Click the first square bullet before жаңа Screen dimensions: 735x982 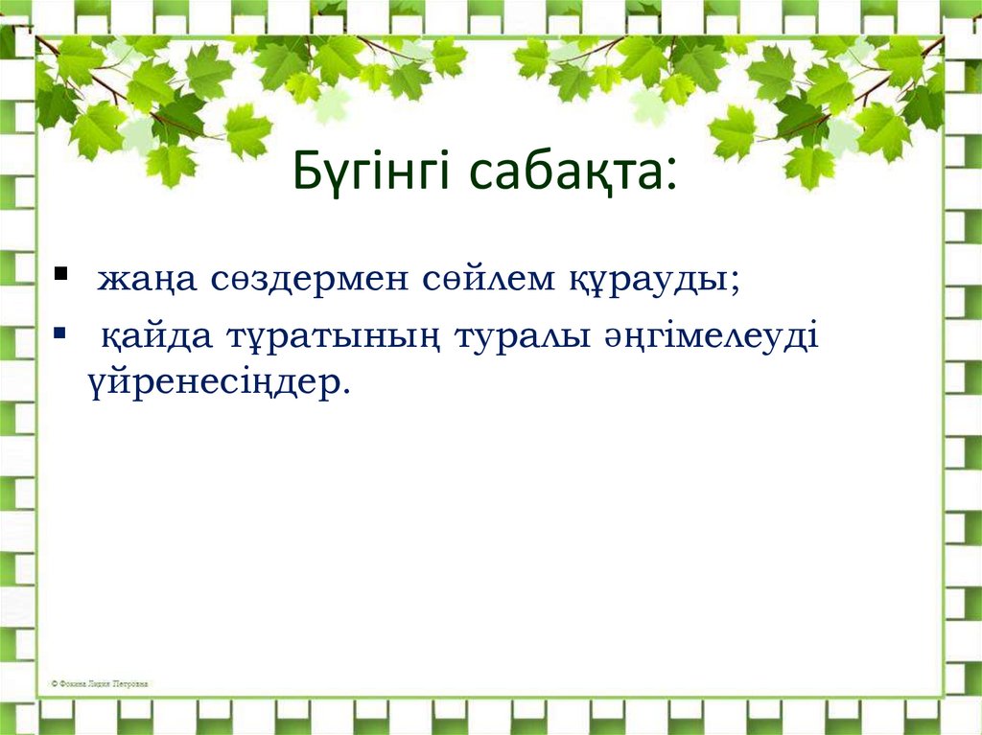click(61, 274)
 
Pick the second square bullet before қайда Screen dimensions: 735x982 click(61, 333)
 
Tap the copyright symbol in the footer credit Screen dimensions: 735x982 click(54, 684)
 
